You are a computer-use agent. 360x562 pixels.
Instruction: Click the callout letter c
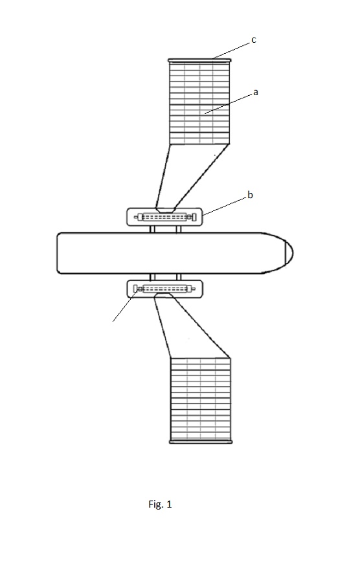254,40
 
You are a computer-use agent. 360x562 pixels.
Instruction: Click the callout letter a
255,93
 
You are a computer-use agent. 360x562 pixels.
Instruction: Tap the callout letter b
250,195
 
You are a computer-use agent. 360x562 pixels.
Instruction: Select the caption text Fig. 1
160,504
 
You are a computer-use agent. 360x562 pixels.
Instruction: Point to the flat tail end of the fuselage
58,253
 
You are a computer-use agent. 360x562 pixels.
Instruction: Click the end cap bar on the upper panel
199,61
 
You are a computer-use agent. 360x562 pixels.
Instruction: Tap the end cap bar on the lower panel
201,442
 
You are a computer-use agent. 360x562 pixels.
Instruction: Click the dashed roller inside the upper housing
164,217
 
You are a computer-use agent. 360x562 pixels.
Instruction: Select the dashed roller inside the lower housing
165,289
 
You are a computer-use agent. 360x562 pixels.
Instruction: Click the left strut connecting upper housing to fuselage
152,229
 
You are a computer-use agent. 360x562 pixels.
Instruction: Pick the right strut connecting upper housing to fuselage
178,229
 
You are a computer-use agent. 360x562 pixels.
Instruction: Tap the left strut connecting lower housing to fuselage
152,276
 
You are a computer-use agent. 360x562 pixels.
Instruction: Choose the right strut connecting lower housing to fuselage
179,276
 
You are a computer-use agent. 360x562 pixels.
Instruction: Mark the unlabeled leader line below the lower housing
125,306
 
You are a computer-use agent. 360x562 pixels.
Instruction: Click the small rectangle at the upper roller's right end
194,217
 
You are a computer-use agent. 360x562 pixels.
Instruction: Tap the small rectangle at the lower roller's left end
135,289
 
